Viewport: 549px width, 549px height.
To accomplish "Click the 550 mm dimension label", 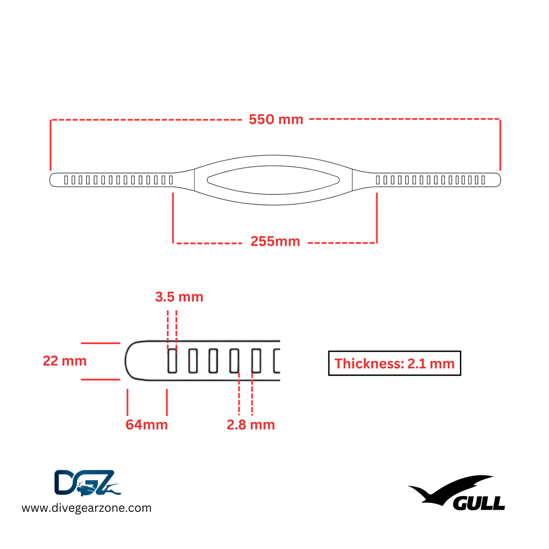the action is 276,119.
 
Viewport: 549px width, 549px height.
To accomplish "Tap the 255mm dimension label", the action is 275,241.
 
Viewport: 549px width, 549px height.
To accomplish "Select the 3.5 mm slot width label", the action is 179,297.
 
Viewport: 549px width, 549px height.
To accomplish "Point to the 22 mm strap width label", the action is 65,361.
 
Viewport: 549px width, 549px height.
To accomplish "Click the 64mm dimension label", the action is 147,425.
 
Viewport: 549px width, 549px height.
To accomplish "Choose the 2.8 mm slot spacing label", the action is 251,425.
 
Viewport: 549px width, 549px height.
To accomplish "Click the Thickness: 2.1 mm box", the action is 394,363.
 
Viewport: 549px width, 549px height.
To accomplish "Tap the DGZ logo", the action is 87,483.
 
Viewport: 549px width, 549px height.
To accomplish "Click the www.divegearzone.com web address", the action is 87,508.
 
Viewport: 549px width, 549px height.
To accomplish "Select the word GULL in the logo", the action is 479,503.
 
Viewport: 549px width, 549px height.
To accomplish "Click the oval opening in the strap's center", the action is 273,180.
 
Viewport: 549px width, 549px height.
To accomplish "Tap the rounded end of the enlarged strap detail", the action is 132,361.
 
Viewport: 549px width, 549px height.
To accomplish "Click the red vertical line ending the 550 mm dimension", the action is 500,145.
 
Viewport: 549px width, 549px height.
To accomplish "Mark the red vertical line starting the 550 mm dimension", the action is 51,145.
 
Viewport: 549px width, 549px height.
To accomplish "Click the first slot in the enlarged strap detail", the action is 172,361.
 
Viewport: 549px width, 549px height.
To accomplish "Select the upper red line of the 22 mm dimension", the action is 100,343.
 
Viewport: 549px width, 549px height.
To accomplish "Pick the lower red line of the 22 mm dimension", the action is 100,379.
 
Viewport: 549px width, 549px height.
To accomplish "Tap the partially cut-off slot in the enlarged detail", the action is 277,361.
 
